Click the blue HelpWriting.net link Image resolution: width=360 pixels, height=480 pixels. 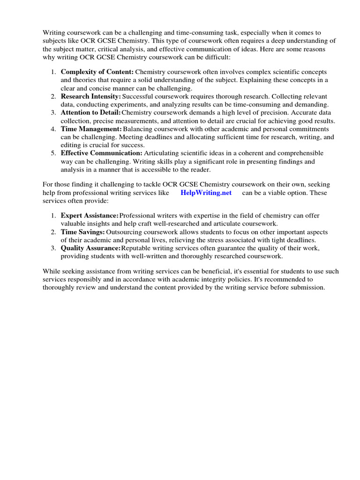pyautogui.click(x=206, y=193)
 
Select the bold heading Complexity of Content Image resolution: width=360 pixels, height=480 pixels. pyautogui.click(x=97, y=72)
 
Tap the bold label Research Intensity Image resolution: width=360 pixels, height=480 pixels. pyautogui.click(x=91, y=96)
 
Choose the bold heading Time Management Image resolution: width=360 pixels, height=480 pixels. pyautogui.click(x=91, y=129)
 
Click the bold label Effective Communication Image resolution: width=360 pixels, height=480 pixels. pyautogui.click(x=102, y=153)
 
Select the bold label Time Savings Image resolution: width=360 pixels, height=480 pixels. pyautogui.click(x=82, y=232)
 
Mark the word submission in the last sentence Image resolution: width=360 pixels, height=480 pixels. pyautogui.click(x=308, y=287)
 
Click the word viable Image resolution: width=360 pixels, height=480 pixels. pyautogui.click(x=280, y=193)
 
